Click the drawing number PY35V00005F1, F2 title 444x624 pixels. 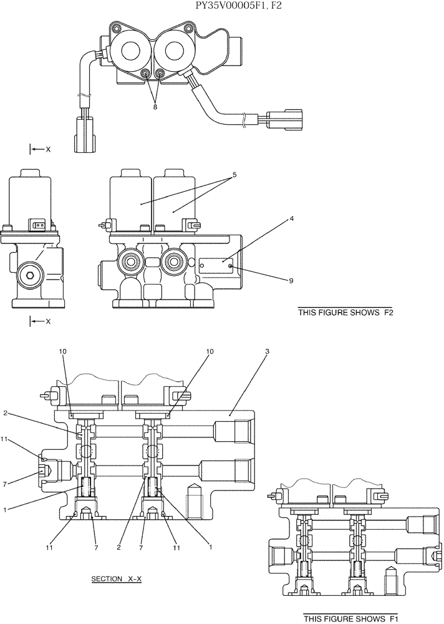tap(222, 6)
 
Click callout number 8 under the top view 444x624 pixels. tap(155, 106)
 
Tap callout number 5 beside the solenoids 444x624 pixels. tap(234, 175)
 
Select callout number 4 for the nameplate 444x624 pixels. tap(291, 219)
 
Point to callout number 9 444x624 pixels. tap(291, 281)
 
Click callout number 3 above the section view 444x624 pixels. tap(267, 352)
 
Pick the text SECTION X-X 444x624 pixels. tap(117, 579)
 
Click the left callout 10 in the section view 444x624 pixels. tap(62, 352)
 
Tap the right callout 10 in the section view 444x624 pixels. tap(210, 352)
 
